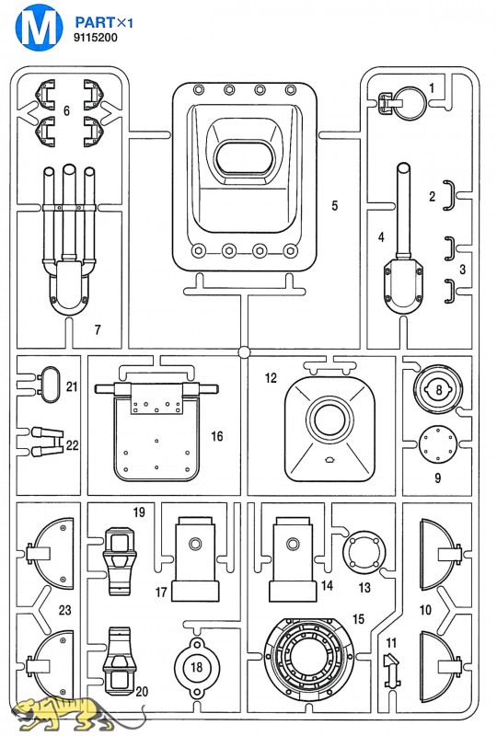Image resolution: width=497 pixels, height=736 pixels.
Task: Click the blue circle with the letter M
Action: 39,28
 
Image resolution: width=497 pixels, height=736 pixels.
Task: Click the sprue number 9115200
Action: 96,38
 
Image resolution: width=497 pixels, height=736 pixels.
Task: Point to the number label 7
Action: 98,330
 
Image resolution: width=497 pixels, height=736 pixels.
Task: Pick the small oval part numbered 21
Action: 48,385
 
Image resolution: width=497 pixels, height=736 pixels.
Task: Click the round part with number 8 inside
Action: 438,389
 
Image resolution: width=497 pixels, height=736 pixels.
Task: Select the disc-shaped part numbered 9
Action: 438,444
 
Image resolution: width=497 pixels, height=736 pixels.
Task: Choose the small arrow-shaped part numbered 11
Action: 391,671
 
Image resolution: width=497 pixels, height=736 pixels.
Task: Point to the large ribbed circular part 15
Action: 309,660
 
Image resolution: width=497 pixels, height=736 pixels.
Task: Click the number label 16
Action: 216,436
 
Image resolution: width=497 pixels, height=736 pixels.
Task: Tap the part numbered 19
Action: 120,561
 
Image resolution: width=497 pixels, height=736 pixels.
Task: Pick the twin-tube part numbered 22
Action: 47,442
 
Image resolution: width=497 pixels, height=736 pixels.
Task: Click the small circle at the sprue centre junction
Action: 244,351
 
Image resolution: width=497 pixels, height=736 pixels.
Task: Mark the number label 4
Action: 381,237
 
